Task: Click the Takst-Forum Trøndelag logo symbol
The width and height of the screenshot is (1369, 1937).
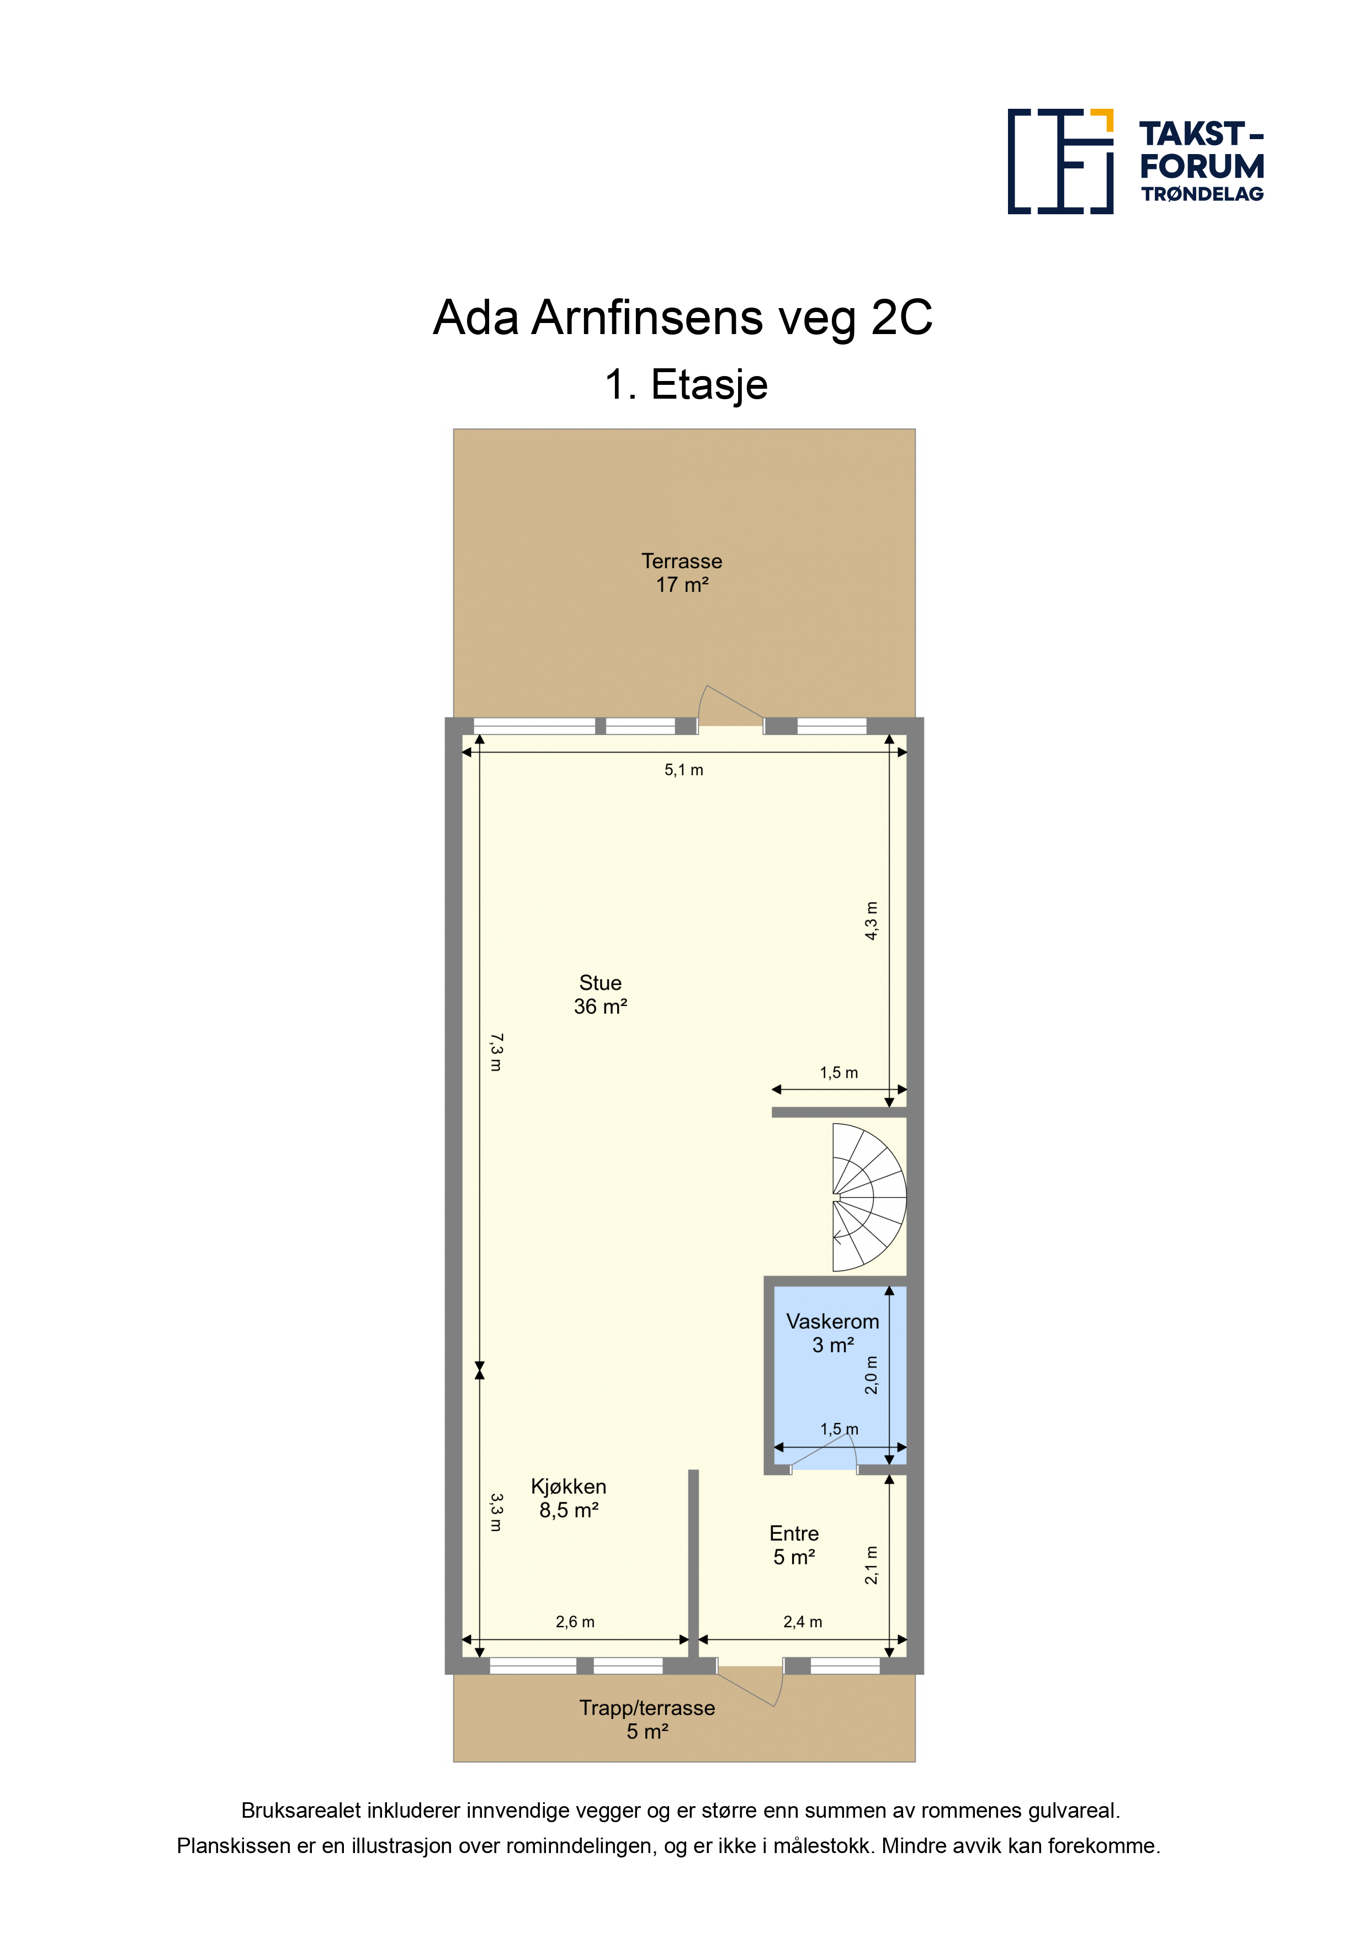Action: (1060, 161)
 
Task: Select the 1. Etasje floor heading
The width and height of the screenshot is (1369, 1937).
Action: (686, 385)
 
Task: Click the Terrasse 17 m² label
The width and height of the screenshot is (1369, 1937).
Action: (682, 573)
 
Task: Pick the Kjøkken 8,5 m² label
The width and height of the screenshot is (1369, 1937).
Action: (569, 1499)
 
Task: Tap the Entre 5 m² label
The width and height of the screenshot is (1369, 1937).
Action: (794, 1545)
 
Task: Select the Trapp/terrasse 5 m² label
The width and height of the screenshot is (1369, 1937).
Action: (647, 1719)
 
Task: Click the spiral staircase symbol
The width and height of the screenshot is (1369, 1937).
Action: (869, 1197)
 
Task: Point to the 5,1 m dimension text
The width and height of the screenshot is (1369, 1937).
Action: (683, 769)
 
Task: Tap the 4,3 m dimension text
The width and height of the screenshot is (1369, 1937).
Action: (871, 920)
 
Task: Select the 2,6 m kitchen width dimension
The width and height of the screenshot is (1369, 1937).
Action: (575, 1622)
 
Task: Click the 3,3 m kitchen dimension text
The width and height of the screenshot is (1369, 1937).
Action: (496, 1512)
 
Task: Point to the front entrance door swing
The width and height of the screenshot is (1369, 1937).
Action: (750, 1687)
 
